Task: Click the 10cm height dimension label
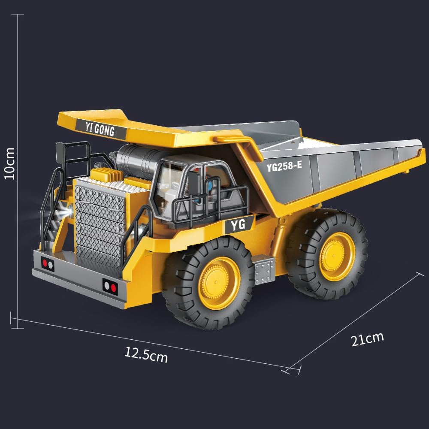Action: point(9,163)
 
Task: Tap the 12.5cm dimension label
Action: point(146,355)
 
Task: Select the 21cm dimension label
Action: point(367,339)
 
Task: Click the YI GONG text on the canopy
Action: point(100,128)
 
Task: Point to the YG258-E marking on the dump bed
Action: point(284,166)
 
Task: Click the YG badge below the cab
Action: point(238,225)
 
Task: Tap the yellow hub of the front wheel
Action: point(219,283)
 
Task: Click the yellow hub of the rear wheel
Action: point(337,257)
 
